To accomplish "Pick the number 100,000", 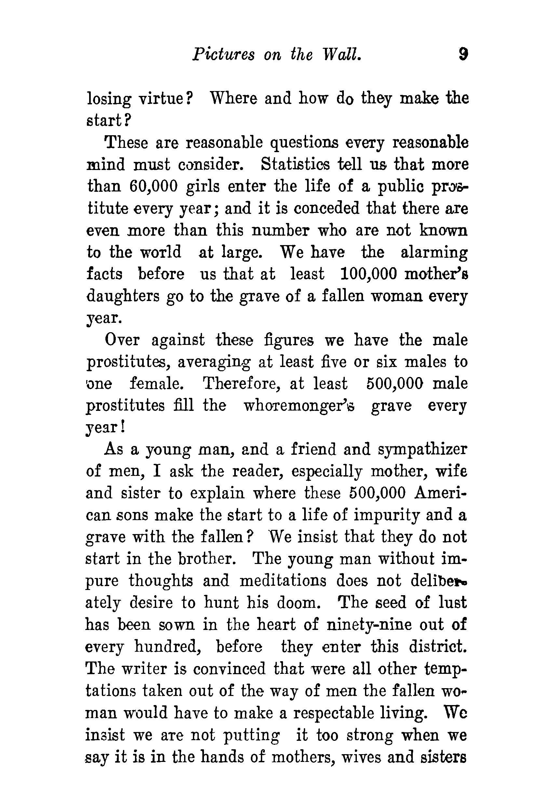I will (369, 274).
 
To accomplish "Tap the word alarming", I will (434, 252).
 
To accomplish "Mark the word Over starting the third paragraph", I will (122, 340).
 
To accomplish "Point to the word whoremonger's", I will (299, 406).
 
